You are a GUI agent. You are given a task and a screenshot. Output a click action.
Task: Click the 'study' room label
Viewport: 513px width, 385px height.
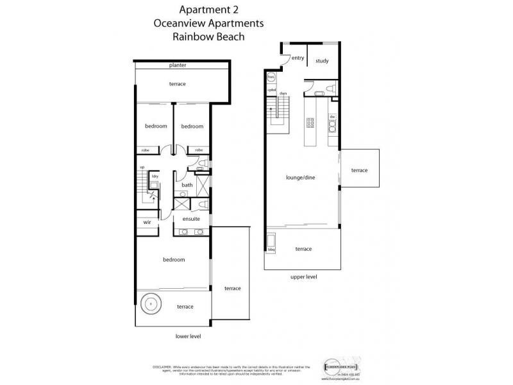click(322, 61)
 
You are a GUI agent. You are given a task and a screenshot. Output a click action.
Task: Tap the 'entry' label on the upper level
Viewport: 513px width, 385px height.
click(298, 58)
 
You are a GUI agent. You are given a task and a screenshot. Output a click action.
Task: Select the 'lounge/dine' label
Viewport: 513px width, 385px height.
click(301, 177)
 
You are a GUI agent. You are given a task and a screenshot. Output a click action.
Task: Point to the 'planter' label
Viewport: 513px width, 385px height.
click(178, 65)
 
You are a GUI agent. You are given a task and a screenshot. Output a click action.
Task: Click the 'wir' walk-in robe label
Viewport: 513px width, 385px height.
click(147, 222)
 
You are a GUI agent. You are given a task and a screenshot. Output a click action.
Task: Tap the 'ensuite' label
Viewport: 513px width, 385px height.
click(191, 219)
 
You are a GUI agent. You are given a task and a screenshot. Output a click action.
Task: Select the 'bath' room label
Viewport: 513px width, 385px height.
click(187, 185)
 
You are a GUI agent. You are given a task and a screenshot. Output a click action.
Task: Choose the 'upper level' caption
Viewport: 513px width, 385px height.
click(303, 277)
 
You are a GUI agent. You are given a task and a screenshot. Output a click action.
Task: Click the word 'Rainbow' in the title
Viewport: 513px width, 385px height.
click(192, 37)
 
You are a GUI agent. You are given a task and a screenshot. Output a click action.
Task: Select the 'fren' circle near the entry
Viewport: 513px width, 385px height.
click(271, 78)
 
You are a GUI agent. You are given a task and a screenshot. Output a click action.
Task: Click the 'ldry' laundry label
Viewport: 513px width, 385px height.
click(155, 175)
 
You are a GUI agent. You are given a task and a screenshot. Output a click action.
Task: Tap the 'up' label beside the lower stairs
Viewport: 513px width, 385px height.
click(142, 167)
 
